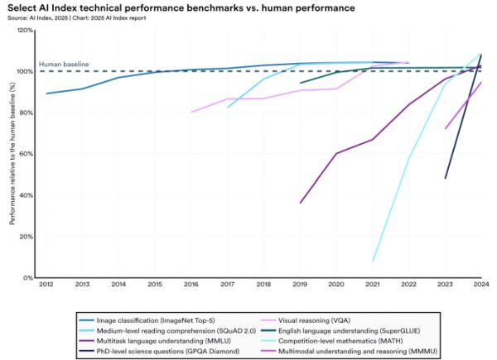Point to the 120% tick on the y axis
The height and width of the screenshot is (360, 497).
pyautogui.click(x=25, y=30)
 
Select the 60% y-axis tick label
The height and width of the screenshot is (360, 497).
pyautogui.click(x=27, y=154)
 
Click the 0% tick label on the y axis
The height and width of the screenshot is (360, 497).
pyautogui.click(x=28, y=278)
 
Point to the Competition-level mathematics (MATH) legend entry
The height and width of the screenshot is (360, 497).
pyautogui.click(x=354, y=338)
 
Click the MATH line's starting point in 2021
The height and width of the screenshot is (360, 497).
pyautogui.click(x=374, y=262)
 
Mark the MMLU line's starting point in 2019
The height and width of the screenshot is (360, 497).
pyautogui.click(x=301, y=203)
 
